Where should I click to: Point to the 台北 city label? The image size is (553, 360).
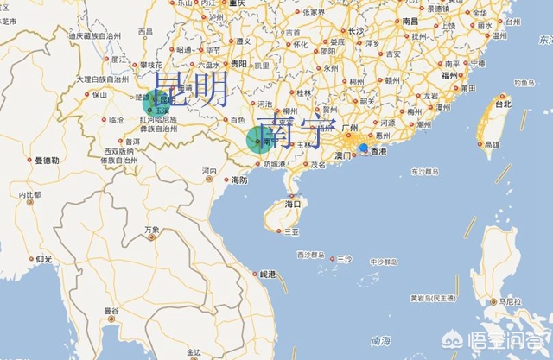click(x=500, y=104)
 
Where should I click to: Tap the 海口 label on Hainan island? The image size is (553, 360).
click(x=294, y=205)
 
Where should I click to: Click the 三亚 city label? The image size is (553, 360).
click(x=291, y=231)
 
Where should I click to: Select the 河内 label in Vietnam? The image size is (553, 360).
click(x=209, y=171)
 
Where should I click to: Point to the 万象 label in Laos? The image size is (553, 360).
click(x=152, y=230)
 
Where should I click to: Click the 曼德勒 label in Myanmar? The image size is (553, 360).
click(x=47, y=160)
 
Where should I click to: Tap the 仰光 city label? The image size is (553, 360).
click(x=43, y=259)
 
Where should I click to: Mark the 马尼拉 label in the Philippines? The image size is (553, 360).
click(x=511, y=302)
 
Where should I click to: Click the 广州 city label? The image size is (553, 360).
click(x=350, y=128)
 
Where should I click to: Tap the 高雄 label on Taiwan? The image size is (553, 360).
click(x=491, y=144)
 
